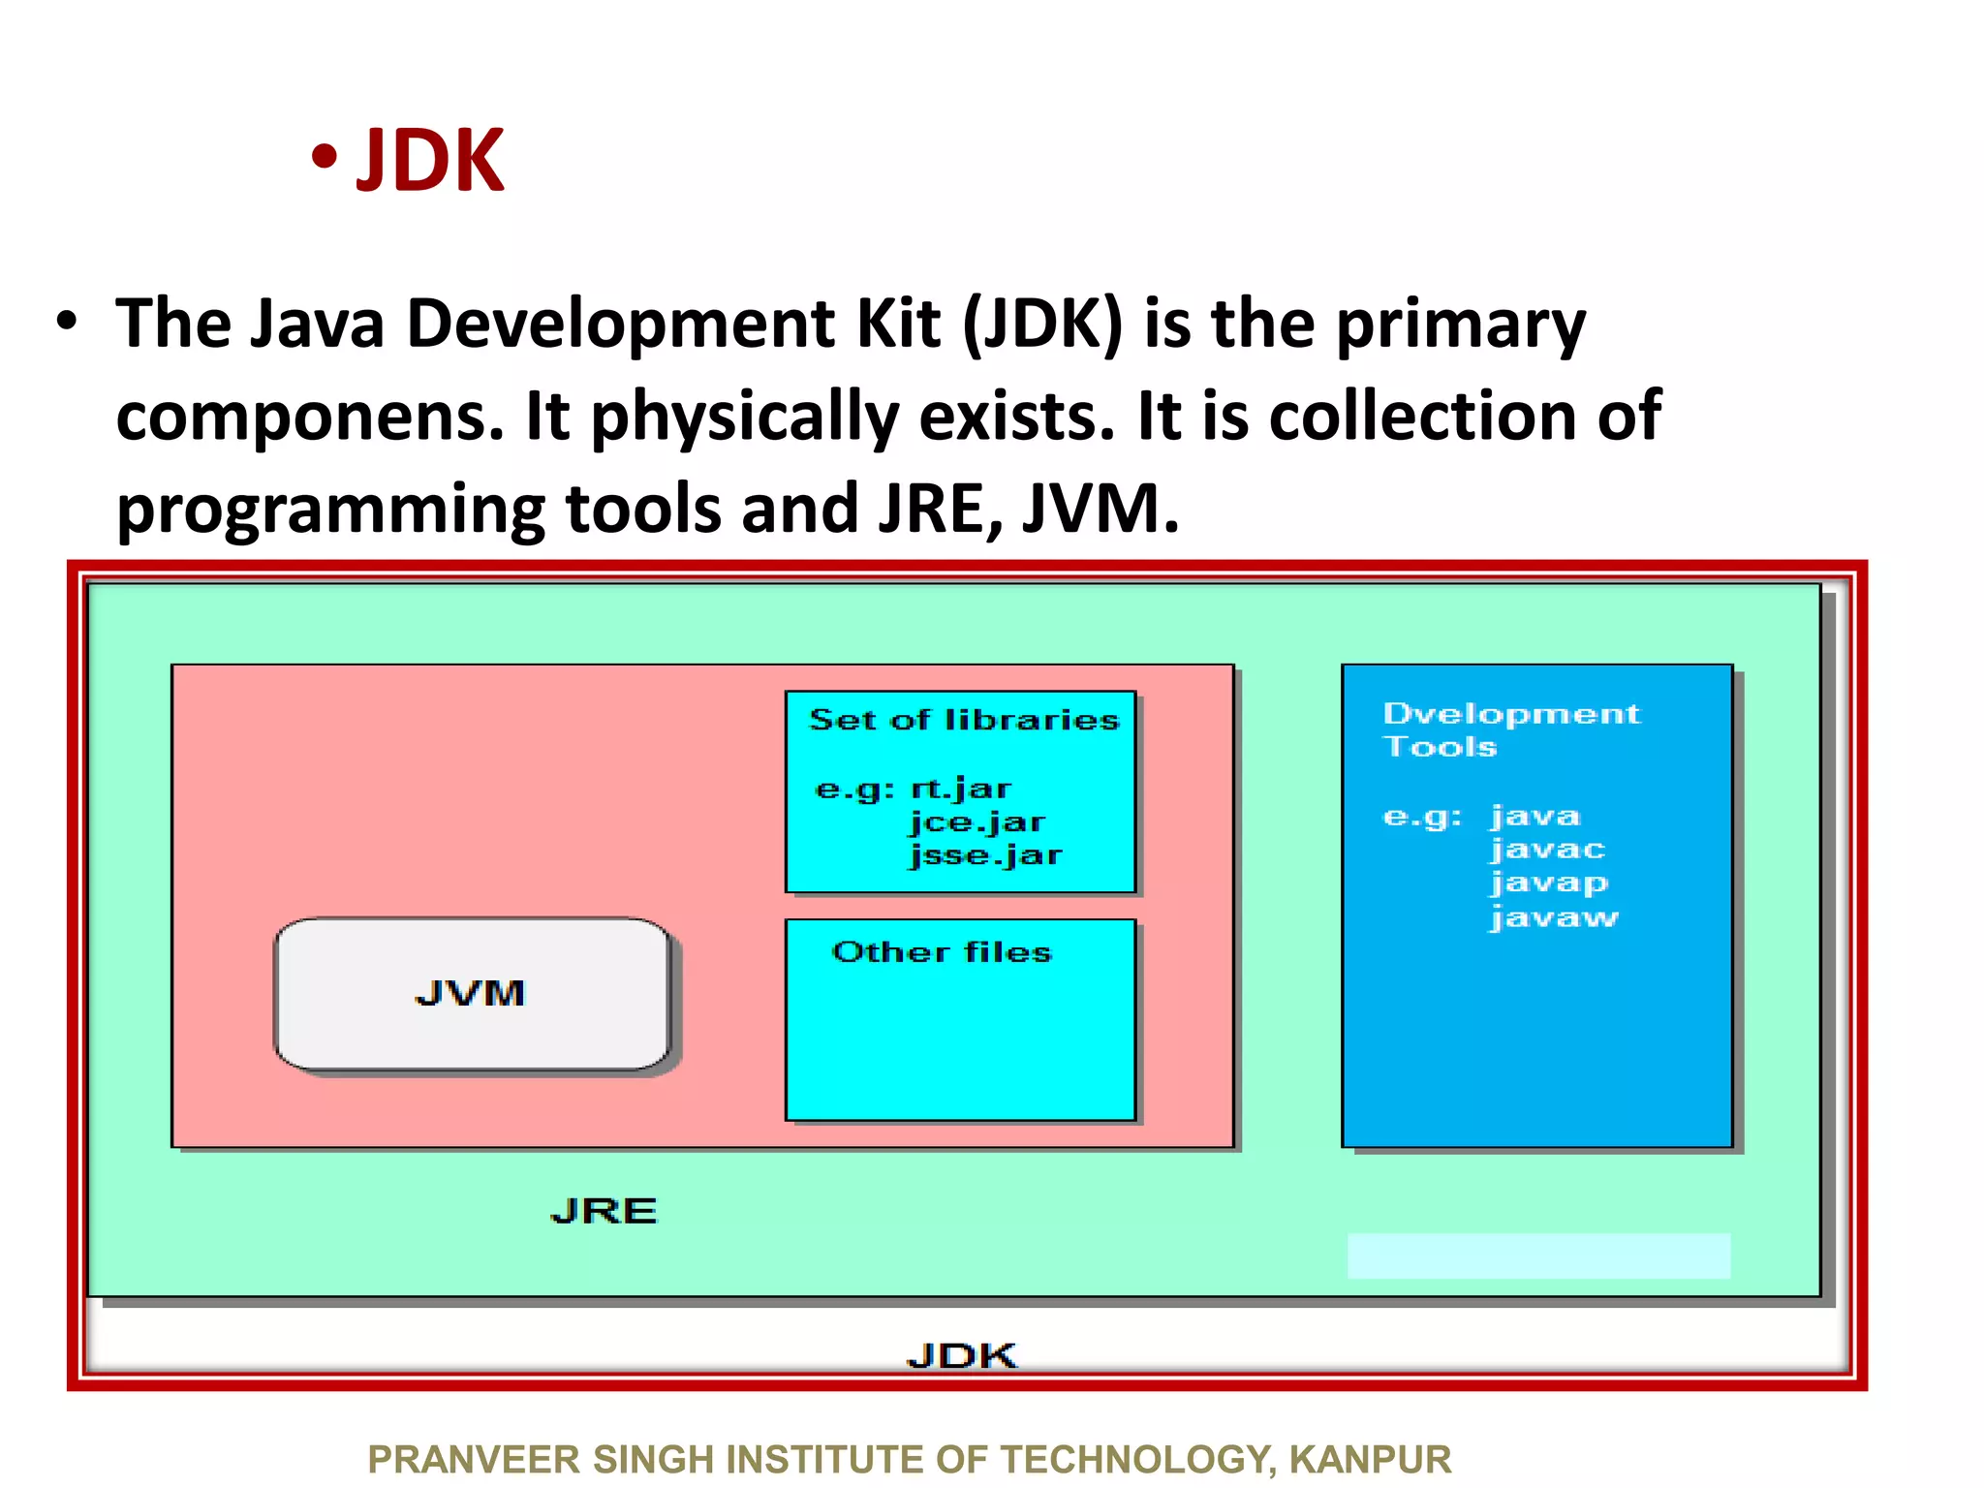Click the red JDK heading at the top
pos(430,161)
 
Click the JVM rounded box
pos(472,994)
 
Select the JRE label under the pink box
pos(604,1211)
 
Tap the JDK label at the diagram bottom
pos(962,1355)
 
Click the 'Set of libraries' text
pos(964,720)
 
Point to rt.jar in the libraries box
pos(961,789)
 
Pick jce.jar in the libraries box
pos(976,822)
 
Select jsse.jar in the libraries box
pos(985,855)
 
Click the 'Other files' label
pos(942,952)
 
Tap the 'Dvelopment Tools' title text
pos(1510,729)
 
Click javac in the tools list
pos(1547,851)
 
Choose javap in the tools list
pos(1549,883)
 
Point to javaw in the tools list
pos(1554,917)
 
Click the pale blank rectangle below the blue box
pos(1538,1255)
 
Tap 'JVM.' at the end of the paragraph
pos(1100,509)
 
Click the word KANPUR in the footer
pos(1370,1459)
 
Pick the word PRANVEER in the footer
pos(474,1459)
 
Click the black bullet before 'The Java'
pos(66,322)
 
